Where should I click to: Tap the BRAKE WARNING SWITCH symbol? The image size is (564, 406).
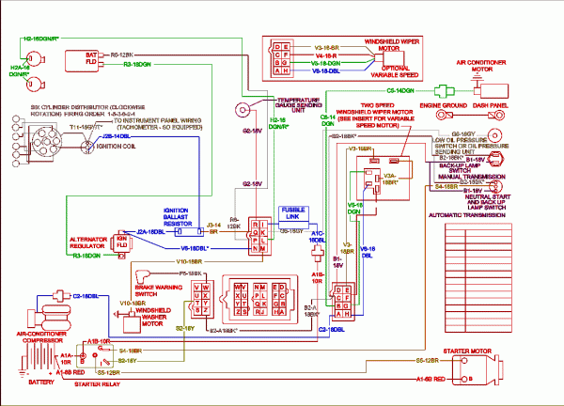tap(144, 278)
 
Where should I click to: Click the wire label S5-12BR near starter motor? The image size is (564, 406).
tap(433, 360)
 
